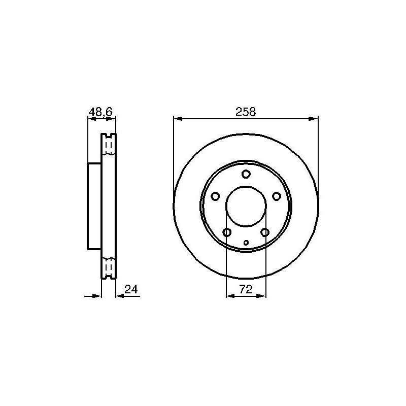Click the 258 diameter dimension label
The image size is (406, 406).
pos(246,112)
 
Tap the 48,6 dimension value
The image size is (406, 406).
pos(100,112)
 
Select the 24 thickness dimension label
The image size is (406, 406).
pos(131,289)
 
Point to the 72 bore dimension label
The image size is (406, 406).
pos(246,289)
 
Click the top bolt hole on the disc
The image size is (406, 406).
pos(246,174)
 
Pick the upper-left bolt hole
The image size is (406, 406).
pos(215,196)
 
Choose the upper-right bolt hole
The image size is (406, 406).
pos(277,196)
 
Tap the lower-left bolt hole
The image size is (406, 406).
pos(227,232)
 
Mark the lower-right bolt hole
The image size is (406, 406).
pos(265,232)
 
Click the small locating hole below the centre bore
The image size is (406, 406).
pos(246,243)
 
